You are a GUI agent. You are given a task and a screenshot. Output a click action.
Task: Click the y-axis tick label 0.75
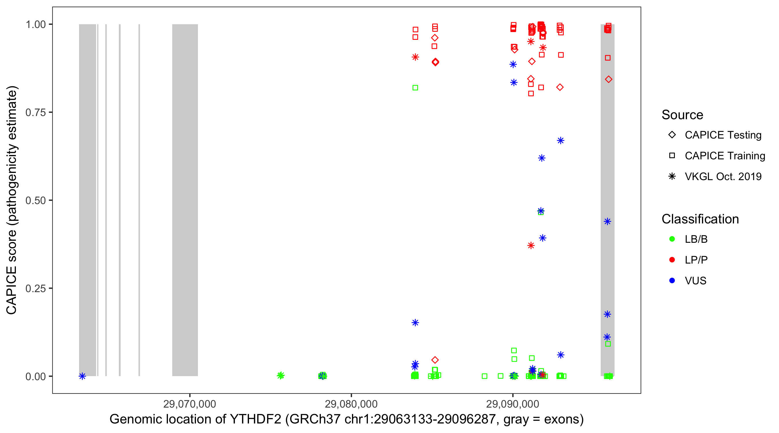pos(35,113)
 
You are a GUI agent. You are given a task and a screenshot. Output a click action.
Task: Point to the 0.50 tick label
pos(35,200)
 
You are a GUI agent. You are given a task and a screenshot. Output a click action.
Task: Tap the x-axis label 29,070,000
pos(190,404)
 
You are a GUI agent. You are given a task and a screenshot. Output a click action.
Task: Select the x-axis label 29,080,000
pos(351,404)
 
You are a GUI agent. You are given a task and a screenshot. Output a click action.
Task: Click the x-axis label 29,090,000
pos(513,404)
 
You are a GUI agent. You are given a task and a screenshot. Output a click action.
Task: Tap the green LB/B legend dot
pos(672,239)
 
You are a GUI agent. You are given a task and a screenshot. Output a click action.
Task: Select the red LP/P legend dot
pos(672,260)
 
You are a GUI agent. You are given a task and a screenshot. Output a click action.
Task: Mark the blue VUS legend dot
pos(672,281)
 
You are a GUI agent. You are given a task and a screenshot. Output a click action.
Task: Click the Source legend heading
pos(682,115)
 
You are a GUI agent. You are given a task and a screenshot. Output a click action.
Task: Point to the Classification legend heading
pos(700,219)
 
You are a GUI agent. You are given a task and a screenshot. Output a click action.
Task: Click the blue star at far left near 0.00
pos(82,376)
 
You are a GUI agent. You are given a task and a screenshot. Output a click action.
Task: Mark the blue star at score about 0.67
pos(561,141)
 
